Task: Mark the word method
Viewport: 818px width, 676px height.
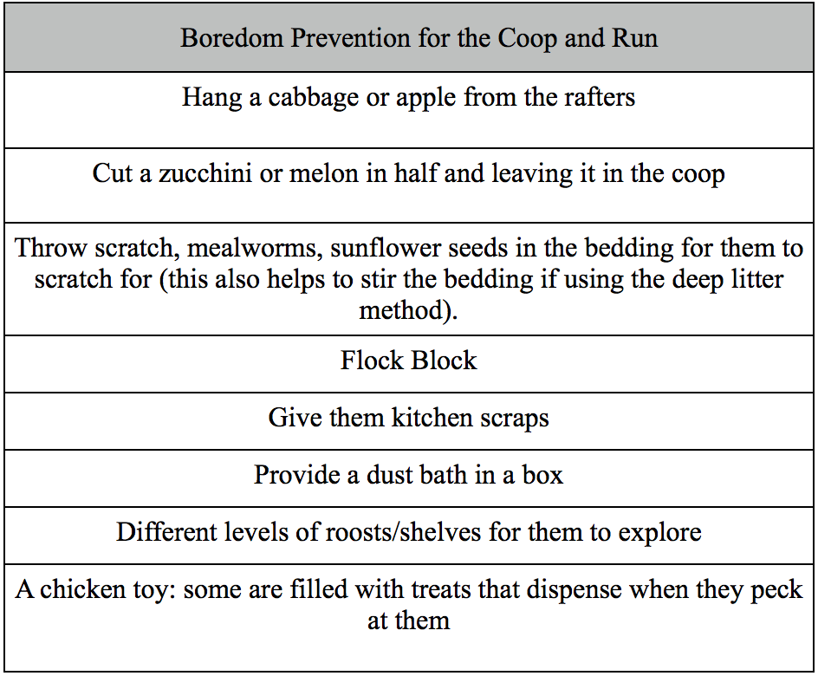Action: point(406,310)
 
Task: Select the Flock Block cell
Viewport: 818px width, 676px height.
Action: point(408,361)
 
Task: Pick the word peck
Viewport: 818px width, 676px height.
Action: point(775,590)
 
